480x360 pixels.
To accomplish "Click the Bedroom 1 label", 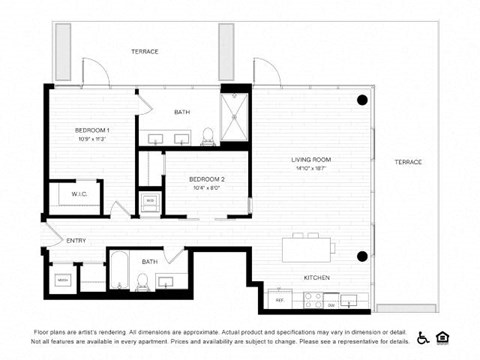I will [92, 131].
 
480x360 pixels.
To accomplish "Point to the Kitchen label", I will [317, 277].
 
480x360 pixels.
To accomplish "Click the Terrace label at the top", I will [145, 51].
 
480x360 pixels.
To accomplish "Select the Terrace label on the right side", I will [407, 162].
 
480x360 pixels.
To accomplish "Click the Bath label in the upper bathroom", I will [182, 112].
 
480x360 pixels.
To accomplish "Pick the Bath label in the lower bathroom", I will [149, 261].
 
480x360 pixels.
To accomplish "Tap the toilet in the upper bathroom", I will [207, 135].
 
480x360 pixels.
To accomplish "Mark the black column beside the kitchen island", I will [362, 256].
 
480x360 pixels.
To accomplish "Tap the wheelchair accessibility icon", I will [423, 337].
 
